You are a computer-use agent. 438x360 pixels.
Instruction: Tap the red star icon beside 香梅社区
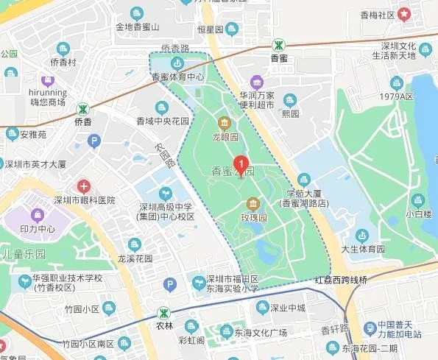coord(404,14)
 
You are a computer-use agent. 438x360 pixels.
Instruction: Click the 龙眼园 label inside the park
coord(225,136)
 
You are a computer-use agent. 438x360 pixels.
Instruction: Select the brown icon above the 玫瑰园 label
coord(252,204)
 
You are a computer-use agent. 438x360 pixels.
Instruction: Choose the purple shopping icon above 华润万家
coord(255,81)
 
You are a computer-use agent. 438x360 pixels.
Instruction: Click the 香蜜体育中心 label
coord(177,77)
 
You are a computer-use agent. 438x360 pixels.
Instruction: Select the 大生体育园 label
coord(362,249)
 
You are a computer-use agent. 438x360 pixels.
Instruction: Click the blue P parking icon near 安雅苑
coord(93,141)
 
